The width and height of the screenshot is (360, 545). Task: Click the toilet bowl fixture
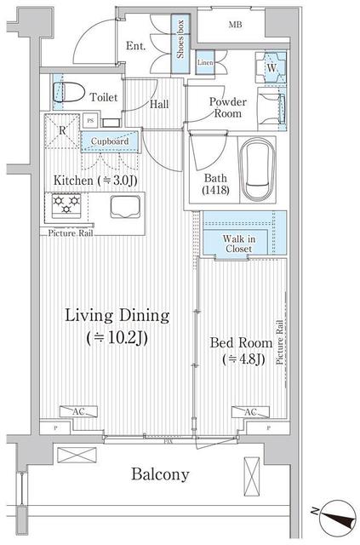[69, 93]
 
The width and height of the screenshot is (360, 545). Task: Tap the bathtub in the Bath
[258, 169]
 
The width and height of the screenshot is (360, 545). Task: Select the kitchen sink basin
[125, 206]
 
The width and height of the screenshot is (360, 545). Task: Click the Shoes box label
[180, 39]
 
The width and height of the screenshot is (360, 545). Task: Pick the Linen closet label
[205, 63]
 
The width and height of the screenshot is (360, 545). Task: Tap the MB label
[235, 25]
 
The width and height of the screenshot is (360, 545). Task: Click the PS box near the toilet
[91, 121]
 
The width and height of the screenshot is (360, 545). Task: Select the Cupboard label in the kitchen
[110, 141]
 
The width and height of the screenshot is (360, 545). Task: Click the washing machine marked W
[271, 67]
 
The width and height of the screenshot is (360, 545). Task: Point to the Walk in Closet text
[239, 244]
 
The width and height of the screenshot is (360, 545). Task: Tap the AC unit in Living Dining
[78, 412]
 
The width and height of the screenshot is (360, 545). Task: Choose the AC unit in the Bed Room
[250, 412]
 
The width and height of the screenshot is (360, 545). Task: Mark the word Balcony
[160, 474]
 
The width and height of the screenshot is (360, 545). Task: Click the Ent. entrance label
[136, 45]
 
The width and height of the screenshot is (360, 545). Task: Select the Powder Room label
[227, 107]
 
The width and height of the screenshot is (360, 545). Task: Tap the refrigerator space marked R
[62, 131]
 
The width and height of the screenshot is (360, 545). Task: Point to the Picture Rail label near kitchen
[71, 232]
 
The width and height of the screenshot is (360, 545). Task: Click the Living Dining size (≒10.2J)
[117, 338]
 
